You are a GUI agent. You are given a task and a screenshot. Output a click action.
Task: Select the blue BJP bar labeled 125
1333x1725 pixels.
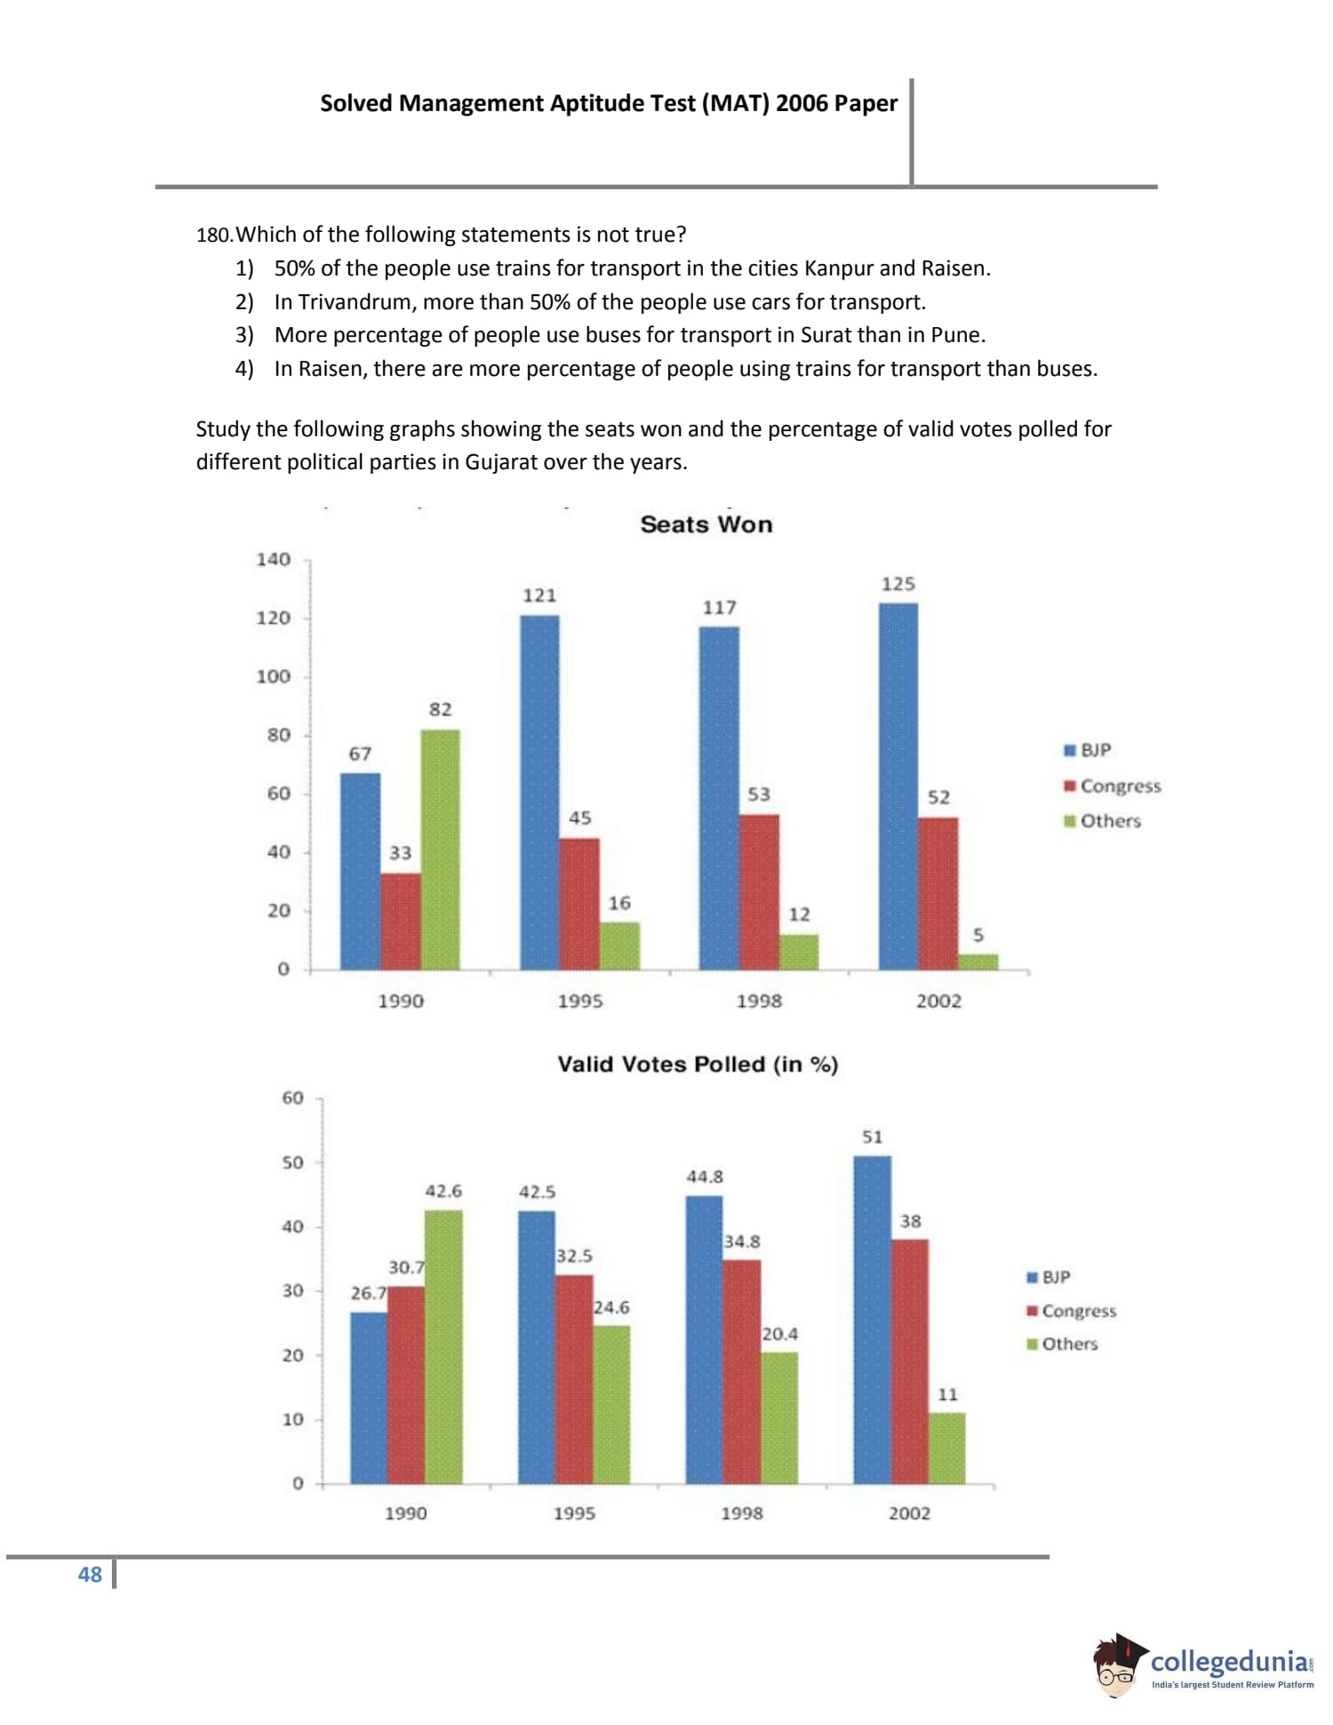click(898, 786)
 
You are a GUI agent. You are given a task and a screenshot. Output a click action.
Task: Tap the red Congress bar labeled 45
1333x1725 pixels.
click(579, 903)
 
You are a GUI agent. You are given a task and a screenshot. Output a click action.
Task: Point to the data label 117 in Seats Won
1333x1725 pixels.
click(719, 608)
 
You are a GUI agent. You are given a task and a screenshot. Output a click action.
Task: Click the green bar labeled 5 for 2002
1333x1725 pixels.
click(978, 962)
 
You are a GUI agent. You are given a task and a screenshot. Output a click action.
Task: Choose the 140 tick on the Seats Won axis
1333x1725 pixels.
click(273, 560)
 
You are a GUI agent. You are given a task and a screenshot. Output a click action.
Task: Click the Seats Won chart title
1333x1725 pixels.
click(706, 524)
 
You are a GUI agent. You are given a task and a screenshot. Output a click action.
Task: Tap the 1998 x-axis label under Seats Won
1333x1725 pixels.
click(759, 1001)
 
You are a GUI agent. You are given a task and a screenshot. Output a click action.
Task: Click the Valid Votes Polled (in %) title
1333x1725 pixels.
click(698, 1064)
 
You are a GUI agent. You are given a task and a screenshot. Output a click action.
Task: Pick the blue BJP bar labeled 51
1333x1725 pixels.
click(872, 1320)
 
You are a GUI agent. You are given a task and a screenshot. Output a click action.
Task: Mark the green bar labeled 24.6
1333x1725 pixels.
click(611, 1404)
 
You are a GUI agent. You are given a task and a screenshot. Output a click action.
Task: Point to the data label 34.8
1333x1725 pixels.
click(741, 1242)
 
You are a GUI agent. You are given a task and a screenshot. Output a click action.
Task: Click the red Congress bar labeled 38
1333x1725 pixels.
click(909, 1361)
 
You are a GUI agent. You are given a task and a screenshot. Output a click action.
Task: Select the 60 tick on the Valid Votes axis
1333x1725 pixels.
click(292, 1098)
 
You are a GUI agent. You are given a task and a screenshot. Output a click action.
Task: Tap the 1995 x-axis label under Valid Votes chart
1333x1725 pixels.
click(574, 1513)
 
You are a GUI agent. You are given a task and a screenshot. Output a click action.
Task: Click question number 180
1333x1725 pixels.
click(213, 236)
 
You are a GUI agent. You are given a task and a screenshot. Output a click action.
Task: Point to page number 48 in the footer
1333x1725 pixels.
click(90, 1575)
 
